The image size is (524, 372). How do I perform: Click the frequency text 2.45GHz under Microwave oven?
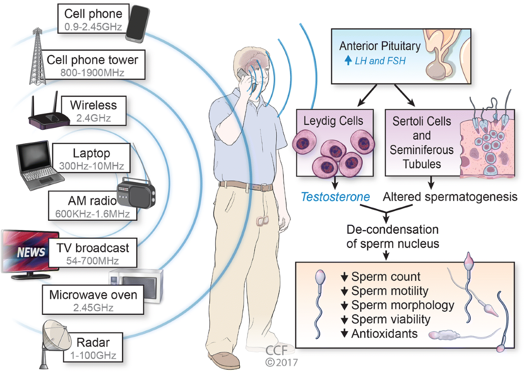[x=93, y=307]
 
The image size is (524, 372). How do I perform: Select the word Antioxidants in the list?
[x=385, y=334]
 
